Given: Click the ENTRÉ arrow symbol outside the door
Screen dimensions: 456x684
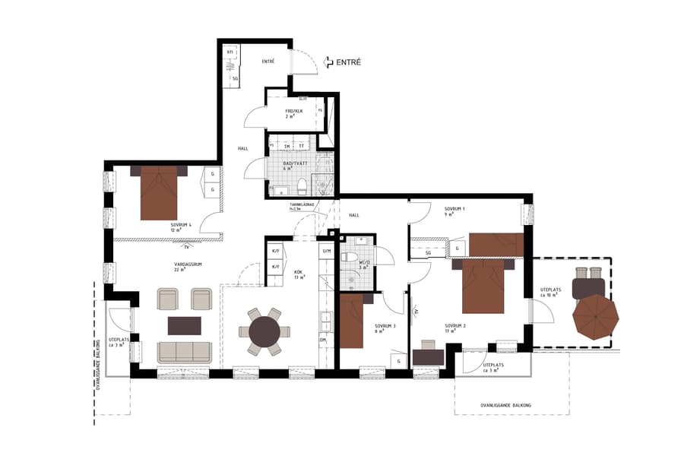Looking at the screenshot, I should [x=328, y=63].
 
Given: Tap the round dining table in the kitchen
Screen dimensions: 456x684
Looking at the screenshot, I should [x=264, y=331].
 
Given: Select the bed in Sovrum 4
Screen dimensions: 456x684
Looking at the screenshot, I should [x=159, y=193].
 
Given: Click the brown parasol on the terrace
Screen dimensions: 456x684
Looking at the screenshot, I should [x=594, y=317].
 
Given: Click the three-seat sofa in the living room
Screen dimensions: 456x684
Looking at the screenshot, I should [x=185, y=351].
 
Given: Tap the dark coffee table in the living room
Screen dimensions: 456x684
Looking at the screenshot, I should [x=185, y=325].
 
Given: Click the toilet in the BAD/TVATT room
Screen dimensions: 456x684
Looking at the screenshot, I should [x=302, y=185].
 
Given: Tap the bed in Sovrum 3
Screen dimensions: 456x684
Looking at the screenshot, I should [x=352, y=319].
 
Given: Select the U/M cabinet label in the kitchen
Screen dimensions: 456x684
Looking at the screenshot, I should [x=327, y=251].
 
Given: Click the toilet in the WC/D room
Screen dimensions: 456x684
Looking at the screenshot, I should [x=350, y=258].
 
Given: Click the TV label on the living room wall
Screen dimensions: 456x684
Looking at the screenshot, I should [x=186, y=246].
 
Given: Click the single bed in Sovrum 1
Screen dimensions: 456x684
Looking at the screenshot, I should [x=496, y=245].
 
